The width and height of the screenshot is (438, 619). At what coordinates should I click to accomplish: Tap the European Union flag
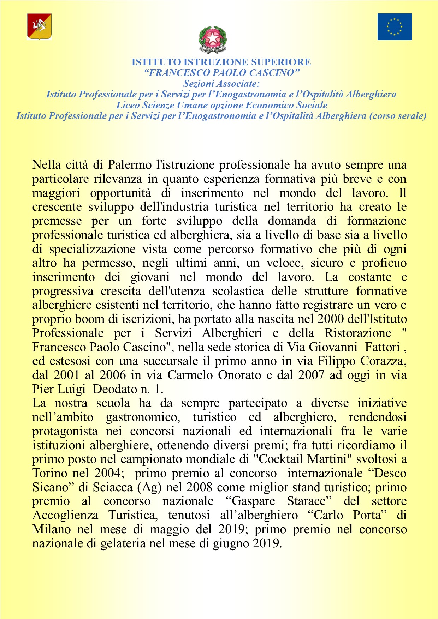coord(395,27)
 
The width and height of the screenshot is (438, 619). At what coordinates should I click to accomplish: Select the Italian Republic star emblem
coord(213,39)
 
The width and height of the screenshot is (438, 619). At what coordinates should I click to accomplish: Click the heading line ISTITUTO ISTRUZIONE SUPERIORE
coord(221,62)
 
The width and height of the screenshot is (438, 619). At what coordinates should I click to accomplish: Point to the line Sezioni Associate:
coord(221,84)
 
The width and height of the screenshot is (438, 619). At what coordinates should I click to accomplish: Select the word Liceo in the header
coord(128,105)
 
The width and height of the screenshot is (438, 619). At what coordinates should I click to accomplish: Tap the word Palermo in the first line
coord(130,165)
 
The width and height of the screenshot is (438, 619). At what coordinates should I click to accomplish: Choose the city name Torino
coord(50,473)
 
